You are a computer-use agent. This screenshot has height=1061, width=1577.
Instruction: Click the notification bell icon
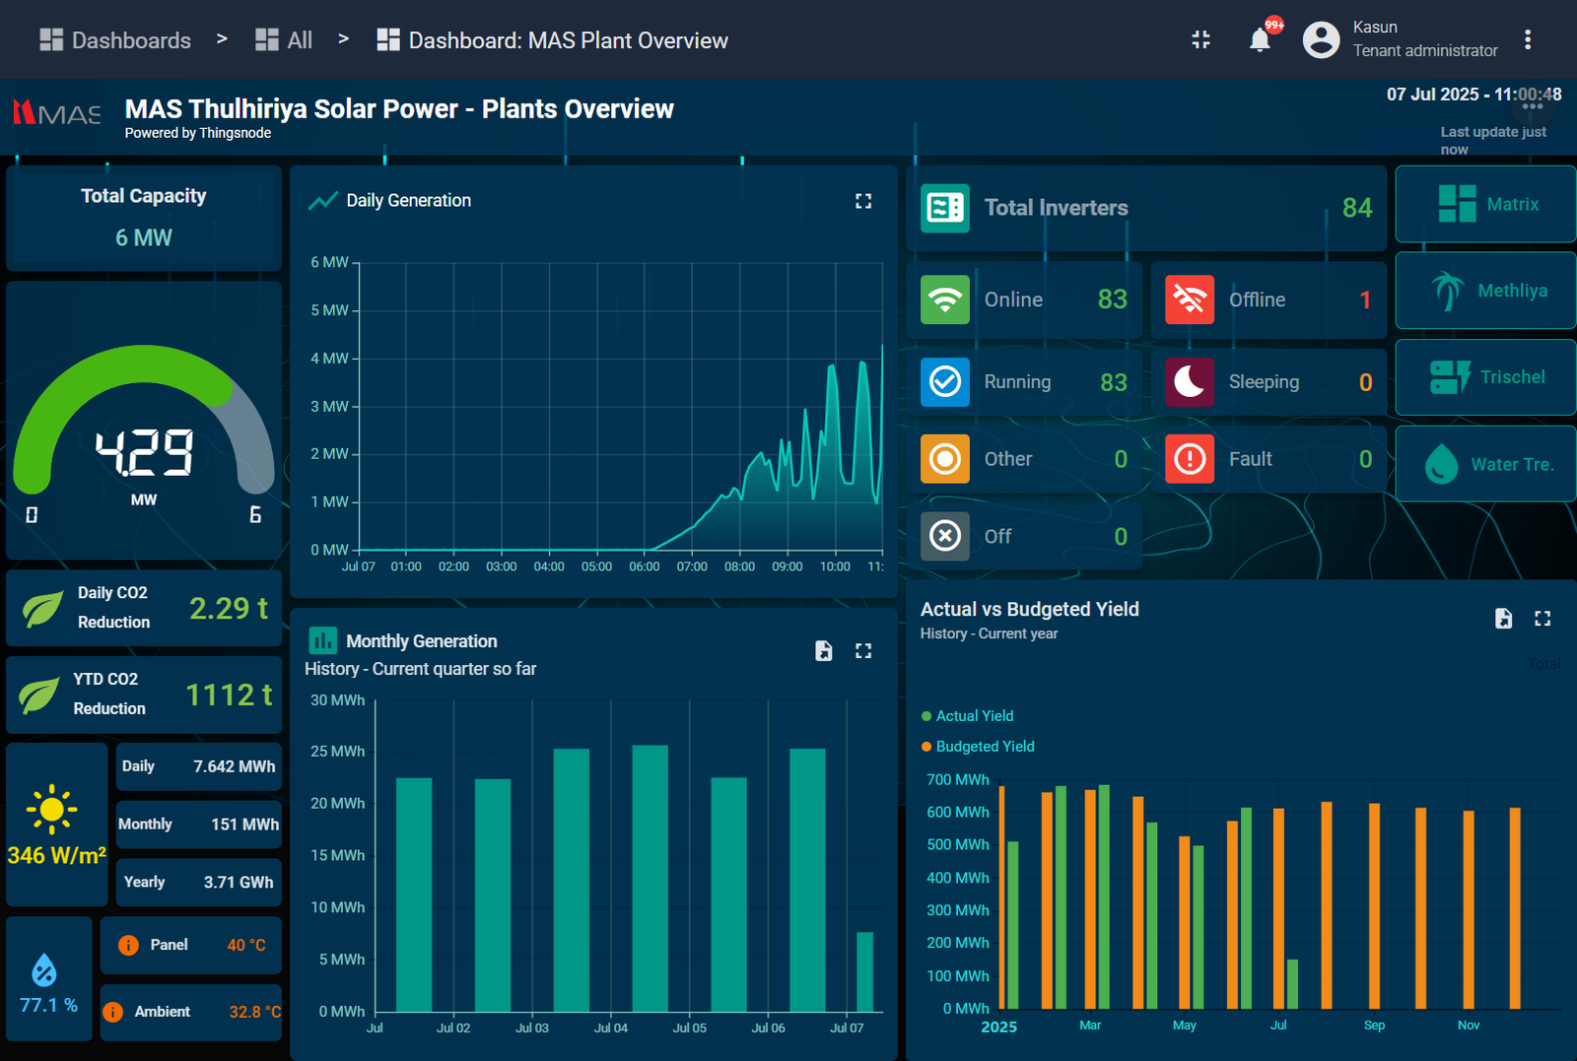(1260, 40)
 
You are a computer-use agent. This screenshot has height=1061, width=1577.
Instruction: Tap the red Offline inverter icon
(1190, 299)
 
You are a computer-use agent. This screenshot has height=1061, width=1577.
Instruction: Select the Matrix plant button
(1485, 204)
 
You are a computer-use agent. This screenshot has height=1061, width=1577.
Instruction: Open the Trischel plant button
(1485, 377)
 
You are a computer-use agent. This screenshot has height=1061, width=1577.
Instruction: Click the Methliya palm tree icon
(1447, 291)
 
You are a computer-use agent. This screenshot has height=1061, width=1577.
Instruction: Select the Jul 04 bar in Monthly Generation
(650, 878)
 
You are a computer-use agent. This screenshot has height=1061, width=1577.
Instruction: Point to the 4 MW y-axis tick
(329, 359)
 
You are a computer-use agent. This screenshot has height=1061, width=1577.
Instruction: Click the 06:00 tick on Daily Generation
(645, 566)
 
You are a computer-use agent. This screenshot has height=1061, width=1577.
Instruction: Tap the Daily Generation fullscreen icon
(863, 201)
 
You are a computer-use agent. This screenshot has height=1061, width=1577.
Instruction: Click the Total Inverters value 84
(1356, 208)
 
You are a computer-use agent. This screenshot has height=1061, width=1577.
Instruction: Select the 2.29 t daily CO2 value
(228, 609)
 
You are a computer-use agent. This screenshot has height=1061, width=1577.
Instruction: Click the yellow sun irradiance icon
(52, 810)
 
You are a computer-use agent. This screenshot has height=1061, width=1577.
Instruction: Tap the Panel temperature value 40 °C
(246, 946)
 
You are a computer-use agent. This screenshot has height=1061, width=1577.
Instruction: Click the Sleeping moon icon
(1190, 382)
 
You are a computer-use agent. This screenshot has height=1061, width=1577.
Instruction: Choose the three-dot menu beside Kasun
(1528, 39)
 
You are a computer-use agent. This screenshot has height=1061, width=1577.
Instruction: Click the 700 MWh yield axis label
(957, 780)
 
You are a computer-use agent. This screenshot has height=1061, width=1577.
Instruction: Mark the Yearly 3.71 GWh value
(239, 883)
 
